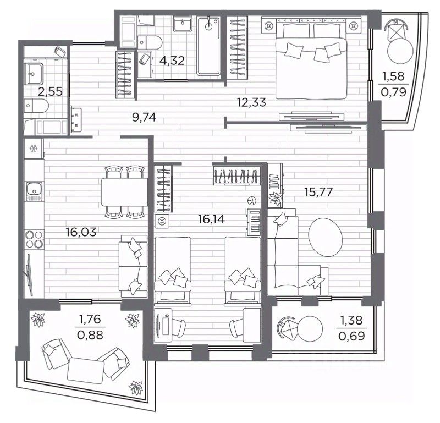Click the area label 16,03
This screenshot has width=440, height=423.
tap(81, 232)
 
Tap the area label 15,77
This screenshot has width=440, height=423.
tap(318, 192)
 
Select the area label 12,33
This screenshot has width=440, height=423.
tap(251, 102)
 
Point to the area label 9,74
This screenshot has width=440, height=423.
tap(144, 117)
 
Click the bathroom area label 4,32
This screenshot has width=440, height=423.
tap(172, 61)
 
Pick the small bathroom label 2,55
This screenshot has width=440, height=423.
tap(51, 91)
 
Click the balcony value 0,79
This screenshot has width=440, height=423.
tap(393, 92)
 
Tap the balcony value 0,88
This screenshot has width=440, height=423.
tap(90, 335)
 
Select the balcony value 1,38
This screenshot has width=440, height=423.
tap(351, 320)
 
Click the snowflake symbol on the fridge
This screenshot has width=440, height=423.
tap(34, 149)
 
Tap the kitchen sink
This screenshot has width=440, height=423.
tap(34, 191)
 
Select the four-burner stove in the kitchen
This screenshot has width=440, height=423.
tap(35, 239)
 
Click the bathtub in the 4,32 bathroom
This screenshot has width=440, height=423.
tap(208, 46)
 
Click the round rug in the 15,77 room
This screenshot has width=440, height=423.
tap(326, 237)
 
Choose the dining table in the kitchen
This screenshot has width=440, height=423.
tap(124, 192)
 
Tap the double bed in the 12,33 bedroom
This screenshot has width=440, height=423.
tap(311, 61)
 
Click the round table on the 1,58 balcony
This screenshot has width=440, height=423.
tap(400, 51)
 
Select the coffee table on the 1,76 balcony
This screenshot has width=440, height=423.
tap(86, 371)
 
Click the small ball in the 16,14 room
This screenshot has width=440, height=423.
tap(251, 201)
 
